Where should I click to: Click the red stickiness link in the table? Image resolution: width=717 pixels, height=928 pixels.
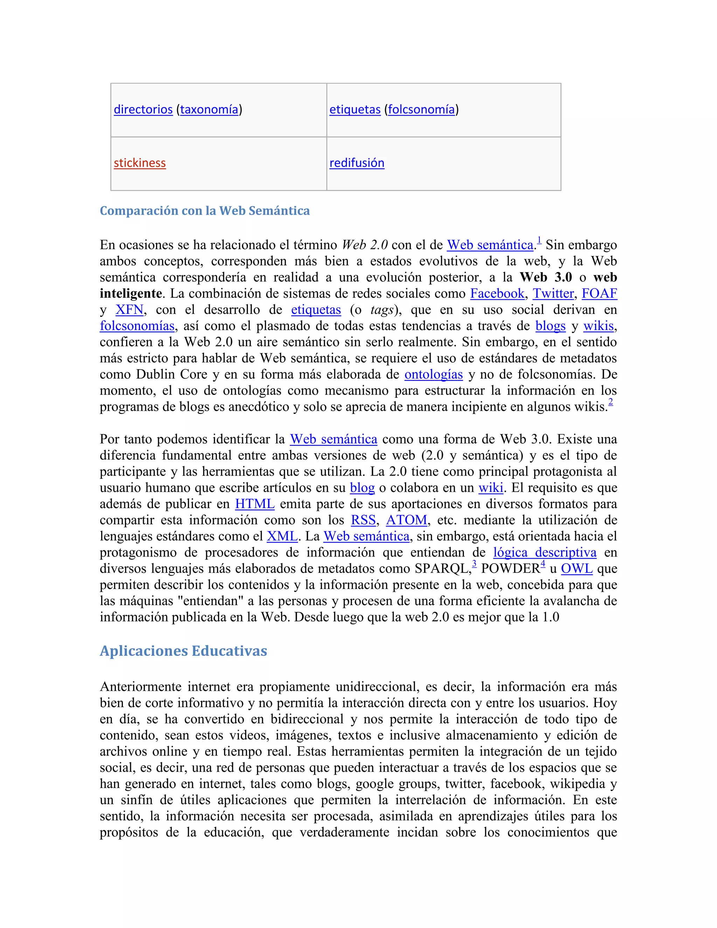click(x=139, y=163)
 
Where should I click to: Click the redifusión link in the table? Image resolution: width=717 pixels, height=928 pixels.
click(x=356, y=163)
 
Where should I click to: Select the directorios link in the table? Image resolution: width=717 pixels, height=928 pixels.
click(x=143, y=109)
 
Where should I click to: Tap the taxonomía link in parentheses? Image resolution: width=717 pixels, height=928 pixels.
click(x=209, y=109)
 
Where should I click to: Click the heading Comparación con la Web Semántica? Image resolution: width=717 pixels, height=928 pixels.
click(x=204, y=211)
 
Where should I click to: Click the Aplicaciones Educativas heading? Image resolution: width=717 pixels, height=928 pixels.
click(x=183, y=651)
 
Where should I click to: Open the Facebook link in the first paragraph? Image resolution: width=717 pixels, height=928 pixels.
click(x=497, y=293)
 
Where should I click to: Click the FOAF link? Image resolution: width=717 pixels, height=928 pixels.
click(x=599, y=293)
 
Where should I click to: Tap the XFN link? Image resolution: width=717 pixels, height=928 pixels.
click(x=129, y=310)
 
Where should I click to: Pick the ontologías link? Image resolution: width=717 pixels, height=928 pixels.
click(x=433, y=374)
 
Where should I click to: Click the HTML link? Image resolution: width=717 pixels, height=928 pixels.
click(x=255, y=504)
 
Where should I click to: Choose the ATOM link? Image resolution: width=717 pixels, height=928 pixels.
click(x=406, y=520)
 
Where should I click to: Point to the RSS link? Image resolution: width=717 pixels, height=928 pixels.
click(x=363, y=520)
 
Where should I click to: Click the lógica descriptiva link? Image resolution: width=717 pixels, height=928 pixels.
click(x=544, y=552)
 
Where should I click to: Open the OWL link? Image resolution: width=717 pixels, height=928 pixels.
click(x=576, y=568)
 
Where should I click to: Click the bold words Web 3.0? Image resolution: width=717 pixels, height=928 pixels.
click(x=545, y=277)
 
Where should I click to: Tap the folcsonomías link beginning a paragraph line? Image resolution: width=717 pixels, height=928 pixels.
click(x=137, y=326)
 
